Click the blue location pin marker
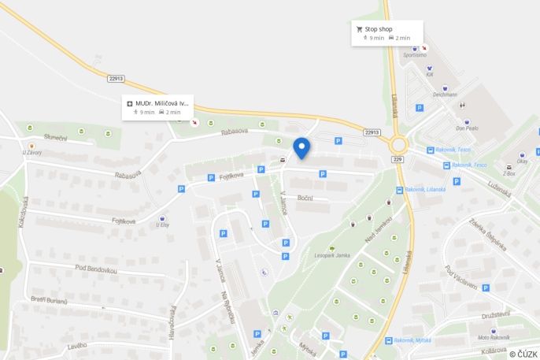coord(301,147)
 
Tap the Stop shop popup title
coord(379,28)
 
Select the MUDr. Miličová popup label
coord(162,102)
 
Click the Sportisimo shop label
coord(415,55)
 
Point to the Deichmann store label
coord(445,94)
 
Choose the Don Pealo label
coord(467,128)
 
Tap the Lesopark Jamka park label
coord(331,255)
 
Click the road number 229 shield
coord(398,159)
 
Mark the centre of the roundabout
coord(398,144)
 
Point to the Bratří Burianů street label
coord(50,301)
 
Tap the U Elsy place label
coord(163,225)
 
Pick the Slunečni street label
coord(56,139)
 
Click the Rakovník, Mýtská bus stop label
coord(413,340)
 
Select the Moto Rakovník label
coord(494,337)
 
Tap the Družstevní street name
coord(496,314)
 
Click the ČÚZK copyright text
coord(523,354)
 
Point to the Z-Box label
coord(508,173)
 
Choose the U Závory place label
coord(31,152)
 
